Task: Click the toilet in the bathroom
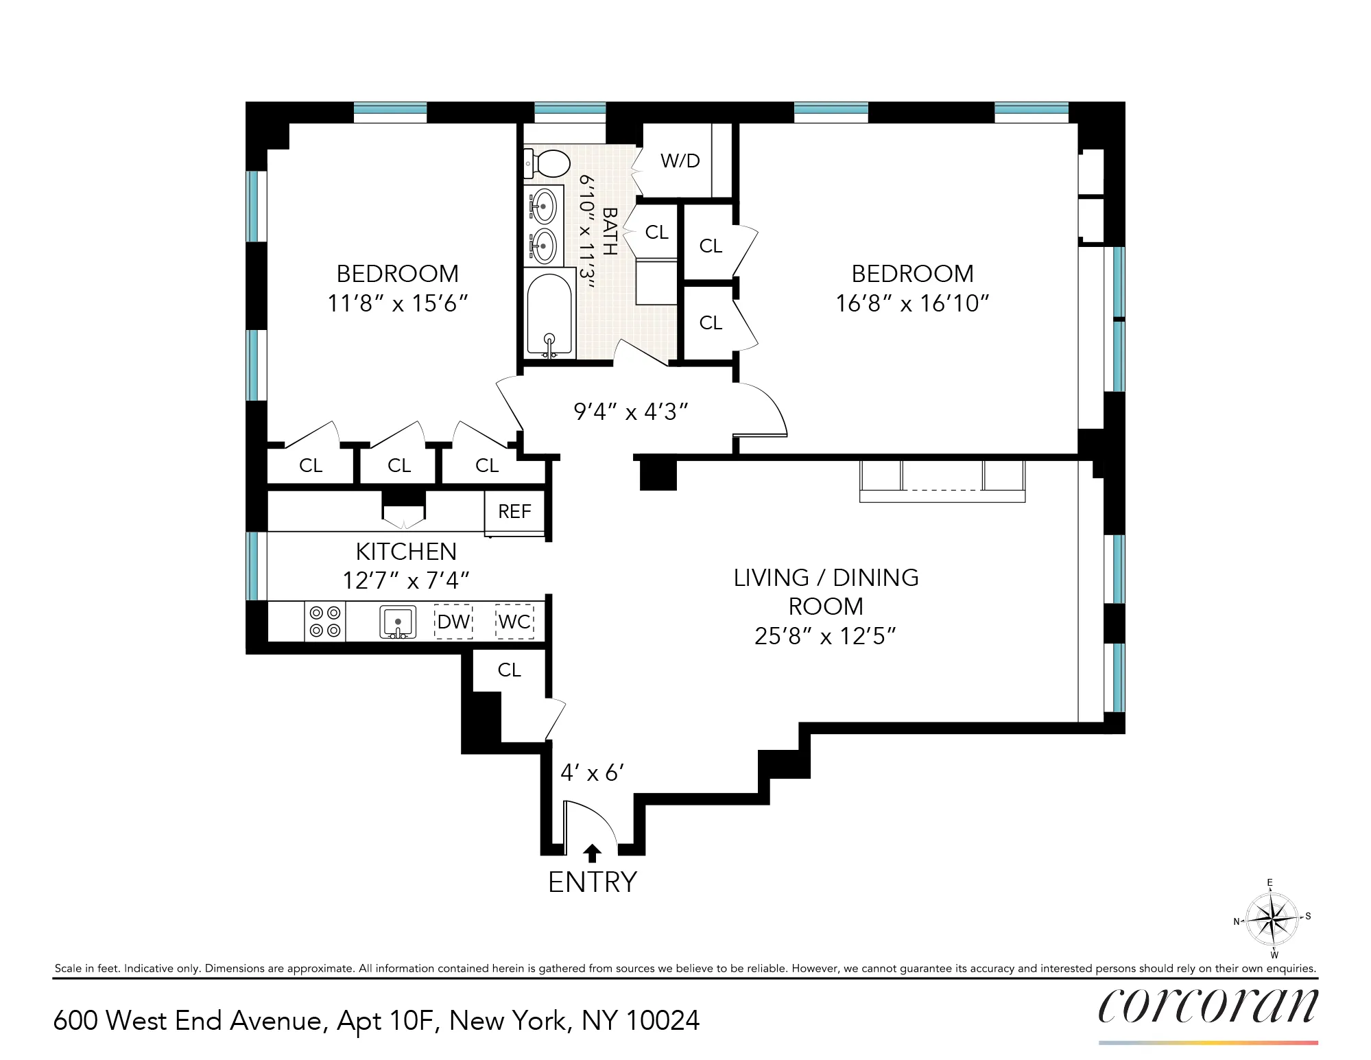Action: tap(549, 163)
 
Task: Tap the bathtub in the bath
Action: tap(549, 312)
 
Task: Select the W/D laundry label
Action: tap(680, 161)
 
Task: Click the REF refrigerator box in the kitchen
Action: tap(514, 512)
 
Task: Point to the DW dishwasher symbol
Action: tap(453, 622)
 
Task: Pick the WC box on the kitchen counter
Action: tap(514, 622)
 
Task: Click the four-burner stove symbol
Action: tap(325, 622)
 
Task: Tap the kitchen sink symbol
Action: tap(398, 622)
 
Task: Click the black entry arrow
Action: tap(592, 853)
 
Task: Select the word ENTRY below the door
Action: tap(593, 882)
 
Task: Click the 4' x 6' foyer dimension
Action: tap(591, 773)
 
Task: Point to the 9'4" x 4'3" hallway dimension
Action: tap(630, 412)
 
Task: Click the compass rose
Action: tap(1272, 918)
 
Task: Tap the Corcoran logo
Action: tap(1208, 1006)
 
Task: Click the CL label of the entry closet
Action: tap(509, 670)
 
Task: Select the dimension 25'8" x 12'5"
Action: tap(825, 637)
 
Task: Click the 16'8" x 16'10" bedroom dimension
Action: tap(912, 303)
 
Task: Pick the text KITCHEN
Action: tap(406, 552)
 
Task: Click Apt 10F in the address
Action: tap(386, 1021)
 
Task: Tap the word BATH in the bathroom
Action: tap(609, 232)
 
